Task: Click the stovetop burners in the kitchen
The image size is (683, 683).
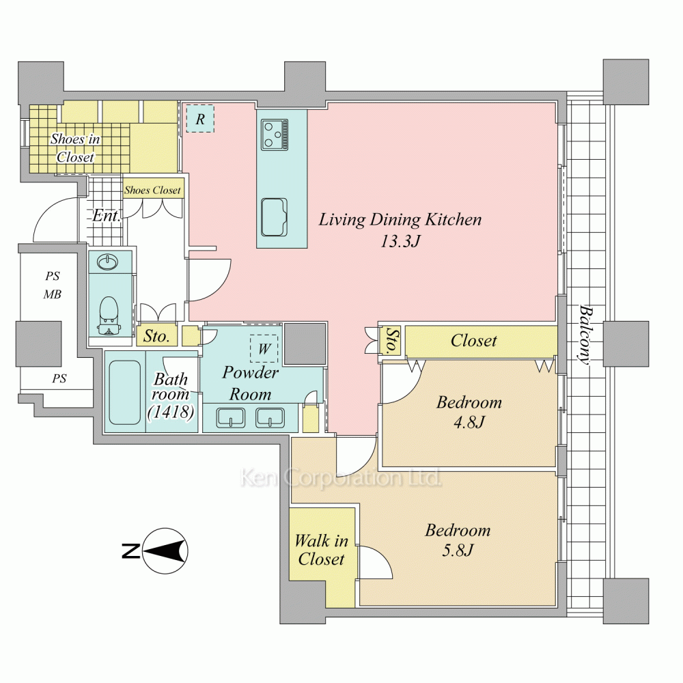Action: (x=275, y=135)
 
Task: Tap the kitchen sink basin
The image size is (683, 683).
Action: (x=274, y=217)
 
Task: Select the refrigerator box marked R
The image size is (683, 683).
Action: (x=200, y=118)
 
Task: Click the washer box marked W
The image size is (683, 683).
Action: (x=264, y=348)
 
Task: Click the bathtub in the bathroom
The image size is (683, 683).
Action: (x=124, y=392)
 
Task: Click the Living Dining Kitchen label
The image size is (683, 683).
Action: (x=400, y=219)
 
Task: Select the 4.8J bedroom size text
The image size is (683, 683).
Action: (x=469, y=422)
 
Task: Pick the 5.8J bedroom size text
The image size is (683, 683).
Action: (x=458, y=550)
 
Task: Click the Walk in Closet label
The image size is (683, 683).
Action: (x=322, y=550)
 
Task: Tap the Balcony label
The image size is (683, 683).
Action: (x=586, y=334)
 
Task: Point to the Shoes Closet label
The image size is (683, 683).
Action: (x=152, y=191)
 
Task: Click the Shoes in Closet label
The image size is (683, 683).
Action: (x=75, y=148)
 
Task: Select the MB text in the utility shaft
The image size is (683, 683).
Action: (x=53, y=294)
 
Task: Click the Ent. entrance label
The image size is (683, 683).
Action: (x=107, y=216)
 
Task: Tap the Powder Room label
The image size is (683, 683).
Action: (x=251, y=383)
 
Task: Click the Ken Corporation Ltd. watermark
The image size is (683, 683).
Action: (x=341, y=477)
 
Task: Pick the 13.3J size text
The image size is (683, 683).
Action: (x=400, y=241)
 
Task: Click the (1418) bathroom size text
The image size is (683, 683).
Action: (x=171, y=412)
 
